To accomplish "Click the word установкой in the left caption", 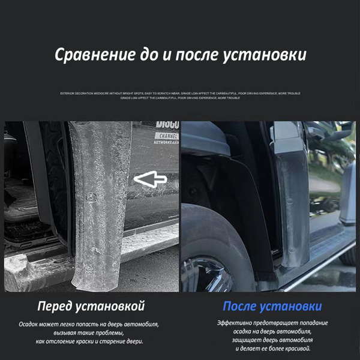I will point(111,307).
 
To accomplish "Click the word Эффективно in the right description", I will point(236,323).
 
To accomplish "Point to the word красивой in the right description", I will point(294,349).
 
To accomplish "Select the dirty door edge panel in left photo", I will point(99,198).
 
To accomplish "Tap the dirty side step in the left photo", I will point(36,264).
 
